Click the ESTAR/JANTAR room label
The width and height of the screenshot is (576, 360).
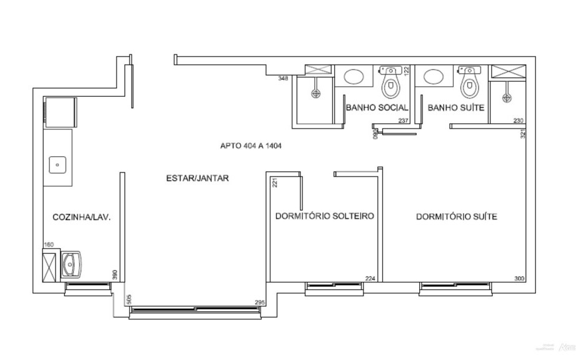click(x=197, y=178)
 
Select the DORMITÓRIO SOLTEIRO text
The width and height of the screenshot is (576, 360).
click(x=324, y=217)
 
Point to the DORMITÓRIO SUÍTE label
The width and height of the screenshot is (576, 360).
click(x=456, y=217)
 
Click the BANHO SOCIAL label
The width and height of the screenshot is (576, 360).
click(x=377, y=107)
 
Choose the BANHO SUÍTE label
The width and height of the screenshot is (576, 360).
click(x=456, y=107)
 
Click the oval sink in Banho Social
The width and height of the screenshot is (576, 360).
click(x=355, y=77)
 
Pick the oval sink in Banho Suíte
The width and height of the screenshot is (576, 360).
click(x=433, y=77)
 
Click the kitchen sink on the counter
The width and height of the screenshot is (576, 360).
click(x=57, y=165)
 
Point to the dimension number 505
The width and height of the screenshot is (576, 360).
click(x=128, y=299)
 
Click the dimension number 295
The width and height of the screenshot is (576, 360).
click(x=260, y=302)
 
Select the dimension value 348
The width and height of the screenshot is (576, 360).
click(x=283, y=79)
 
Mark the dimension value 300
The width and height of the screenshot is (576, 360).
click(x=519, y=279)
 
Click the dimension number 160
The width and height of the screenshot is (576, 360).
click(x=48, y=245)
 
